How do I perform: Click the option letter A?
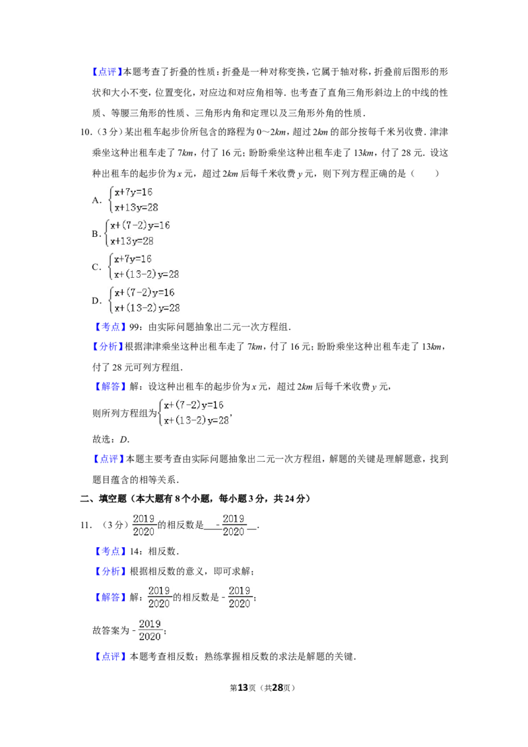tap(96, 200)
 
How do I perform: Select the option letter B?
tap(96, 234)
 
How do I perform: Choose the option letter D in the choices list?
tap(96, 301)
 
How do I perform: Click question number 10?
tap(85, 132)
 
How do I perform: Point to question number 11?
tap(86, 525)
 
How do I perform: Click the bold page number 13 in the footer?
tap(243, 688)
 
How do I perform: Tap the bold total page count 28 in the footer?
tap(278, 688)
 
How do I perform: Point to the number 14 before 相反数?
tap(135, 551)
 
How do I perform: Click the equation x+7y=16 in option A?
tap(133, 192)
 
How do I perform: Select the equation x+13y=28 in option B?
tap(132, 241)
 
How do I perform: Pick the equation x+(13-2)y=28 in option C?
tap(147, 275)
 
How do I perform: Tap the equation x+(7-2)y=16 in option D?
tap(145, 292)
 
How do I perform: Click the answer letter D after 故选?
tap(123, 439)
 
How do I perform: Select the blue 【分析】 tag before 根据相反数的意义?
tap(109, 571)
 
